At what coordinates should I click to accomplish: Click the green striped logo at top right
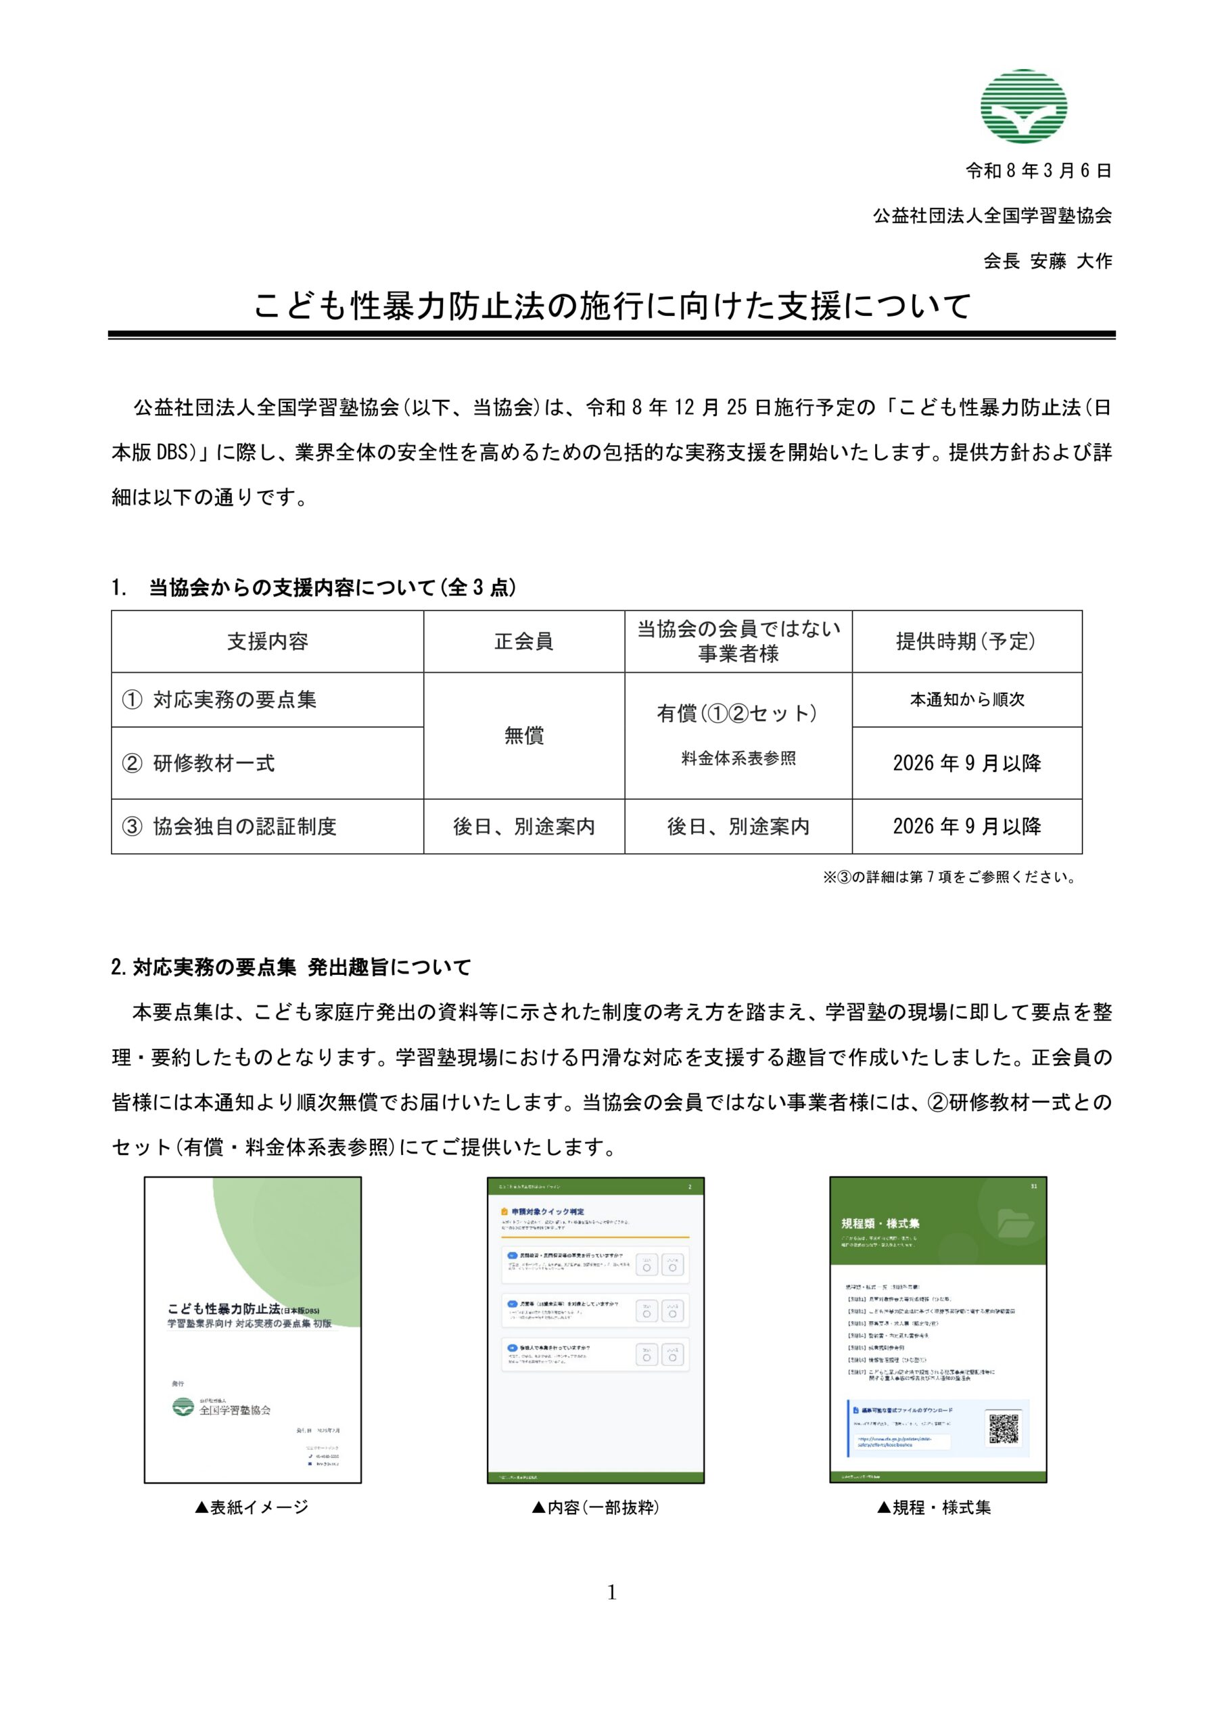pyautogui.click(x=1023, y=106)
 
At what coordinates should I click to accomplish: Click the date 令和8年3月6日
pyautogui.click(x=1039, y=171)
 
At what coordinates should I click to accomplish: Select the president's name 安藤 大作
pyautogui.click(x=1071, y=261)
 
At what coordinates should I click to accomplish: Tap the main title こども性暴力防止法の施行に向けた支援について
pyautogui.click(x=611, y=306)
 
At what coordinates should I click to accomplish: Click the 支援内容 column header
pyautogui.click(x=268, y=641)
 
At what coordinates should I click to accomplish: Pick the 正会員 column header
pyautogui.click(x=523, y=641)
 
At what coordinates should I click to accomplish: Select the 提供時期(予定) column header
pyautogui.click(x=966, y=641)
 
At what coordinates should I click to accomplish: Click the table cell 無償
pyautogui.click(x=523, y=735)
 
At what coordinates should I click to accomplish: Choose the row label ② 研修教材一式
pyautogui.click(x=214, y=762)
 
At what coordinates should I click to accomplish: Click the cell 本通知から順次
pyautogui.click(x=967, y=700)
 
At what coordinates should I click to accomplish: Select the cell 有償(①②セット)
pyautogui.click(x=738, y=713)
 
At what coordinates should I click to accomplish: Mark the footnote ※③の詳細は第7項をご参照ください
pyautogui.click(x=950, y=877)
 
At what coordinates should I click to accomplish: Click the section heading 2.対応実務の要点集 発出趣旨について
pyautogui.click(x=291, y=967)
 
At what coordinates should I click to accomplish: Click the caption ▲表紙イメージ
pyautogui.click(x=252, y=1507)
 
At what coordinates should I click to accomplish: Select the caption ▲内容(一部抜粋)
pyautogui.click(x=595, y=1507)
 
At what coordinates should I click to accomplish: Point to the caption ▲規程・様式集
pyautogui.click(x=934, y=1507)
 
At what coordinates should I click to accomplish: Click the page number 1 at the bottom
pyautogui.click(x=611, y=1593)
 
